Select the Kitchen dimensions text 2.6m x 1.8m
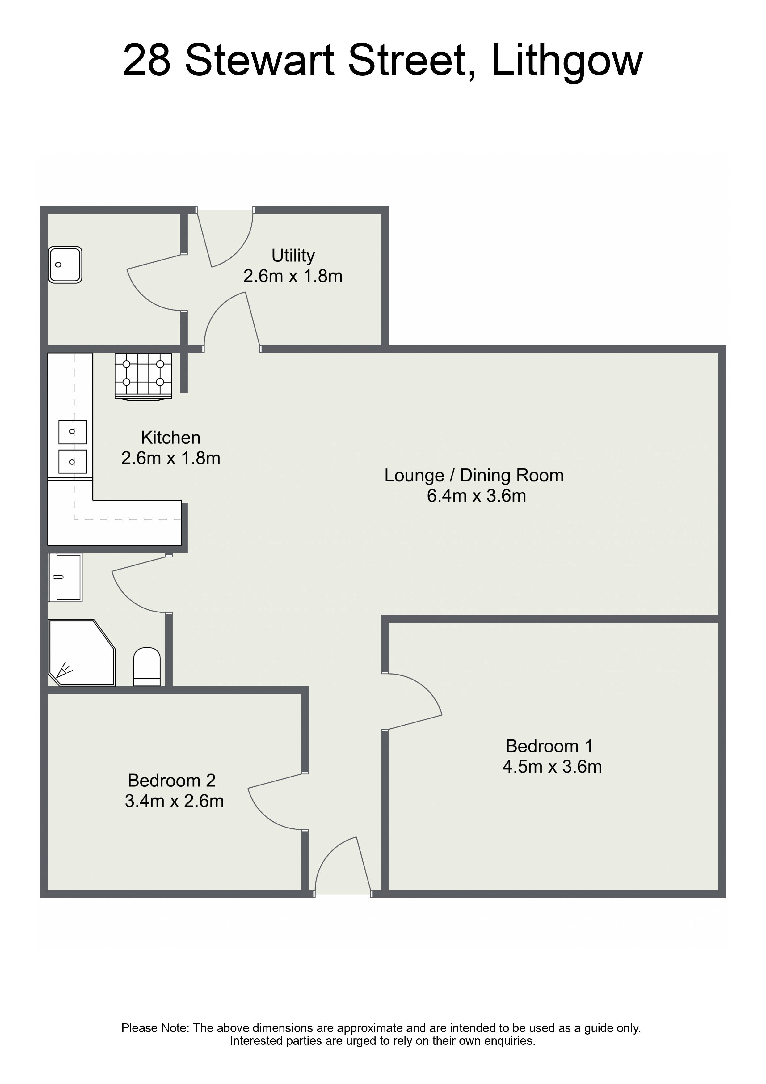pos(171,458)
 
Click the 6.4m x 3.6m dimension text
pos(476,496)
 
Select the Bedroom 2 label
pos(171,781)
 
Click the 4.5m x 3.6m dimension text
pos(552,767)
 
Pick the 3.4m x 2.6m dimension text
pos(174,801)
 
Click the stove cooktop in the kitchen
pos(143,376)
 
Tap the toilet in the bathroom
pos(147,667)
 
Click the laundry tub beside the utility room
pos(65,265)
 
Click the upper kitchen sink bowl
pos(73,431)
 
